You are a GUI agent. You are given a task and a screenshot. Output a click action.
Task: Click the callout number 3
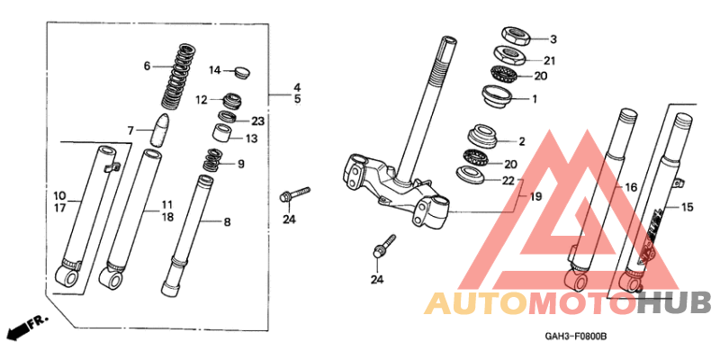(553, 40)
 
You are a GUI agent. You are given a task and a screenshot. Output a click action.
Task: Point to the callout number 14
(215, 70)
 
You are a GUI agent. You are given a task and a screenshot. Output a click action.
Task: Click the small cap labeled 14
(240, 70)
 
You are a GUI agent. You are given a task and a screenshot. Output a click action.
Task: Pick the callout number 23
(257, 121)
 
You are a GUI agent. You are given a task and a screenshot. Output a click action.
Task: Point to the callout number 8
(227, 220)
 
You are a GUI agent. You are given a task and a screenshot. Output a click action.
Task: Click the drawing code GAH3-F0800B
(576, 336)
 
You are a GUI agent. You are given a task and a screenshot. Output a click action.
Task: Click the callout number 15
(687, 208)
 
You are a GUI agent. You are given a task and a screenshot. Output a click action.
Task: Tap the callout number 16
(631, 187)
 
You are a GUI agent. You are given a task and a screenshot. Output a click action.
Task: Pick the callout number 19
(536, 196)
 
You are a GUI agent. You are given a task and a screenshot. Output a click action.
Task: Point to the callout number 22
(508, 181)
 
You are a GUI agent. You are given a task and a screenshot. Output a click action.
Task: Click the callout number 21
(550, 60)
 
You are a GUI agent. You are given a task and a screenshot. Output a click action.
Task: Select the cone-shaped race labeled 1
(498, 95)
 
